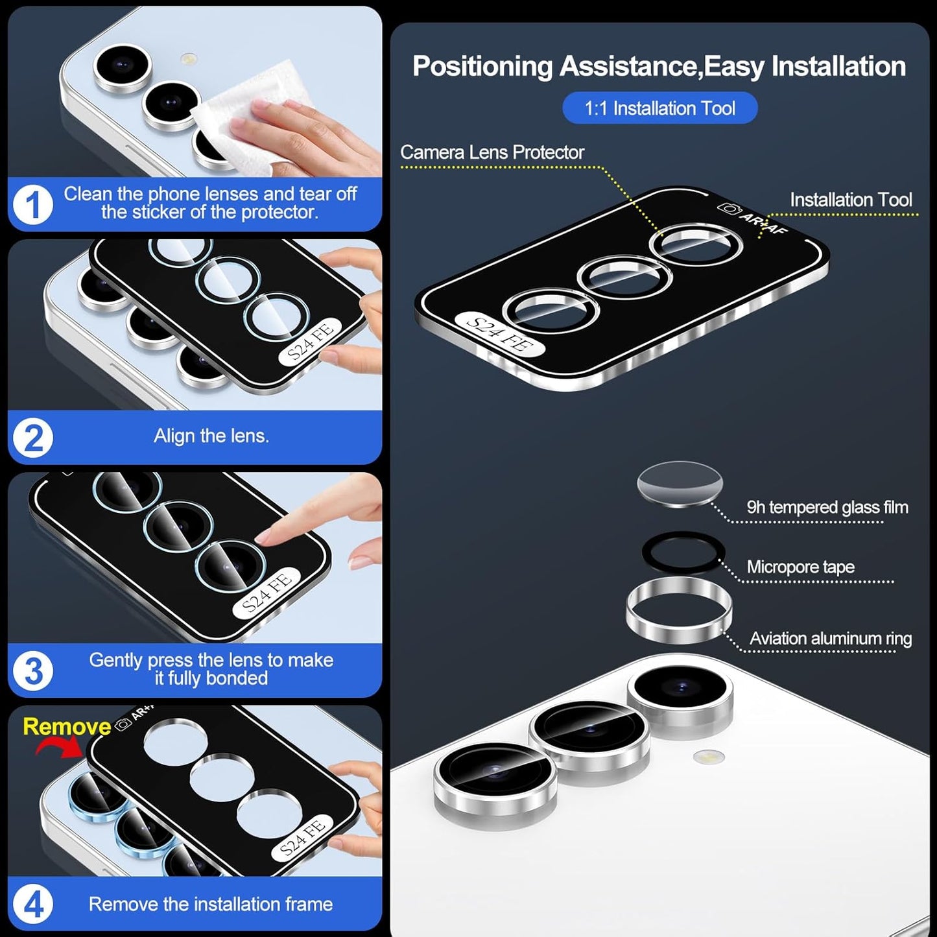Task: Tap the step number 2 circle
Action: click(32, 438)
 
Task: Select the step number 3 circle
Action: click(32, 670)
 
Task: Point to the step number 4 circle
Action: click(32, 905)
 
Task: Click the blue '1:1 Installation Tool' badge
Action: click(659, 108)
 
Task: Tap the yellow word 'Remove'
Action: click(66, 726)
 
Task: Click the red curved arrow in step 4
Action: click(60, 748)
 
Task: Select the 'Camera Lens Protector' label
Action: click(492, 152)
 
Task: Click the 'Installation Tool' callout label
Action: click(850, 200)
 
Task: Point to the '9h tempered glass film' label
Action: click(827, 507)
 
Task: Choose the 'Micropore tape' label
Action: click(800, 567)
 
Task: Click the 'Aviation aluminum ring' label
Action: click(830, 639)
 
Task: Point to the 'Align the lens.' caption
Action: click(211, 436)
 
